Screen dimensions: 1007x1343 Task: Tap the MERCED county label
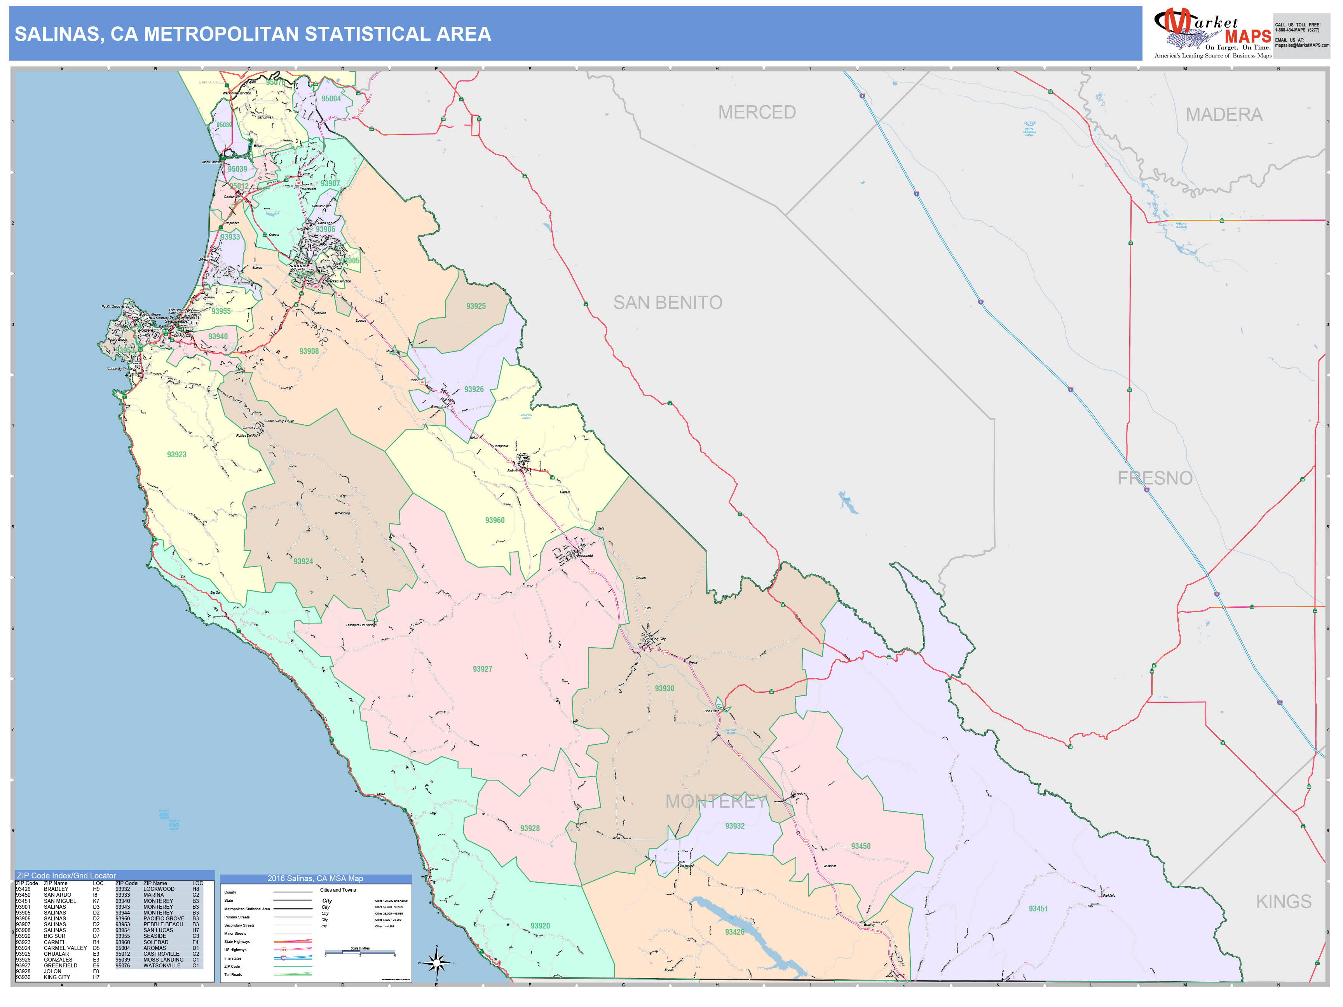pos(757,112)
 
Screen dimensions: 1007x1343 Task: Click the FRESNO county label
pos(1155,478)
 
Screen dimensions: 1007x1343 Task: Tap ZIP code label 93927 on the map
pos(482,669)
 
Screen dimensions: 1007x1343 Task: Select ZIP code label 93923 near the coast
pos(177,455)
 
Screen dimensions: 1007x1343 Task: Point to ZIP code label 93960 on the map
pos(494,520)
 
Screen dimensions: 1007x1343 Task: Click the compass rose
pos(436,963)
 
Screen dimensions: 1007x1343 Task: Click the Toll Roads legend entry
pos(233,975)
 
